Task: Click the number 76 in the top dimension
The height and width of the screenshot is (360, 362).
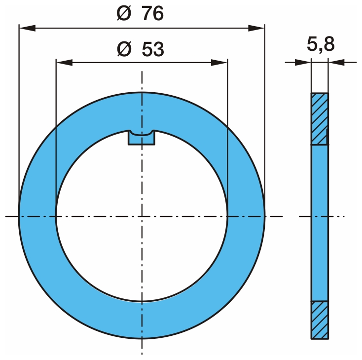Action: (x=152, y=13)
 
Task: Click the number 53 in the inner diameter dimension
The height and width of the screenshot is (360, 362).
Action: (x=153, y=49)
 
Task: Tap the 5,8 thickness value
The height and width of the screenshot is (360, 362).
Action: (x=321, y=44)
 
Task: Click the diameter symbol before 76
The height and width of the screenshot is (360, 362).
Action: (x=124, y=13)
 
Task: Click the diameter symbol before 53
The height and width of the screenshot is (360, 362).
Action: (x=124, y=49)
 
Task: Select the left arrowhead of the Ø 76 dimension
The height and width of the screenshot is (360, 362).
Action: (x=27, y=29)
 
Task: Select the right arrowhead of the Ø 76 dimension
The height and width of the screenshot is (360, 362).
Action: (x=256, y=29)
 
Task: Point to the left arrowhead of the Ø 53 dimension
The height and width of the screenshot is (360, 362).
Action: (x=65, y=62)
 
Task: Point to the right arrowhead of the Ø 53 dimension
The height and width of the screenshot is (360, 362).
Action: (x=219, y=62)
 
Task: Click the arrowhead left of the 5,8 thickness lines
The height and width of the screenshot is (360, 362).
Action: (x=303, y=62)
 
